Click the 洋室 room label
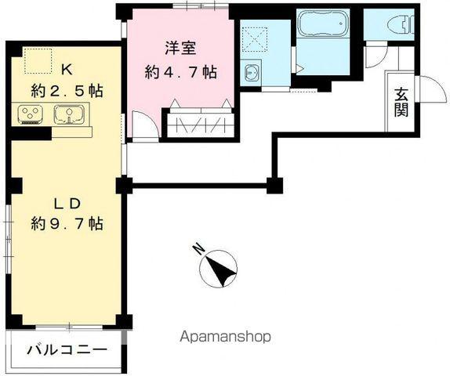tap(180, 46)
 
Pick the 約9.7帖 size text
tap(67, 224)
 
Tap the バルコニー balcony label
tap(67, 350)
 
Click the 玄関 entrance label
tap(401, 101)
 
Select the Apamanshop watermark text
tap(225, 337)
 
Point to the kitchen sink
tap(69, 117)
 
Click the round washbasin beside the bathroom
tap(252, 74)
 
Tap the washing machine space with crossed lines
tap(255, 36)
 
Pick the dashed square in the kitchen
tap(36, 60)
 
